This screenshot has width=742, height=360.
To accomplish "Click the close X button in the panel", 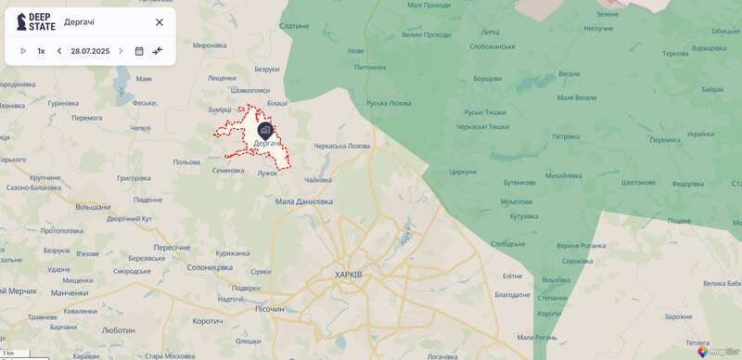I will click(159, 22).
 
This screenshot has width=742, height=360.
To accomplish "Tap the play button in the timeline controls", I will click(23, 51).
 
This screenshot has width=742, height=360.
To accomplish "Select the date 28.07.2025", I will click(90, 51).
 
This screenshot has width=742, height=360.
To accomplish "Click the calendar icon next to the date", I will click(139, 51).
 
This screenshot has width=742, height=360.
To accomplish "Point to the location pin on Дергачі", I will click(265, 132).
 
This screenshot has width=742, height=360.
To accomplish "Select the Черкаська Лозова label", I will click(341, 146).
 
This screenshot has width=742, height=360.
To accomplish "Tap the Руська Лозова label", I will click(389, 103).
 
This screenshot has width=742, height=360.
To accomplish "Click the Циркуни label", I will click(462, 172).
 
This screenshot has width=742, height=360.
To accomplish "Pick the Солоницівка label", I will click(209, 267).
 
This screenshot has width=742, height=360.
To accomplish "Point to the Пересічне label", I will click(172, 248).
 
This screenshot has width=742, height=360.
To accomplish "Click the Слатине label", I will click(293, 26).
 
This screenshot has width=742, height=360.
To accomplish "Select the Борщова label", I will click(488, 79).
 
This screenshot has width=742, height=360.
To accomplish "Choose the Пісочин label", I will click(269, 308).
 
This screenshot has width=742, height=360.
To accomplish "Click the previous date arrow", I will click(59, 51).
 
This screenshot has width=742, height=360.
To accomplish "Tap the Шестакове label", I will click(638, 183).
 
